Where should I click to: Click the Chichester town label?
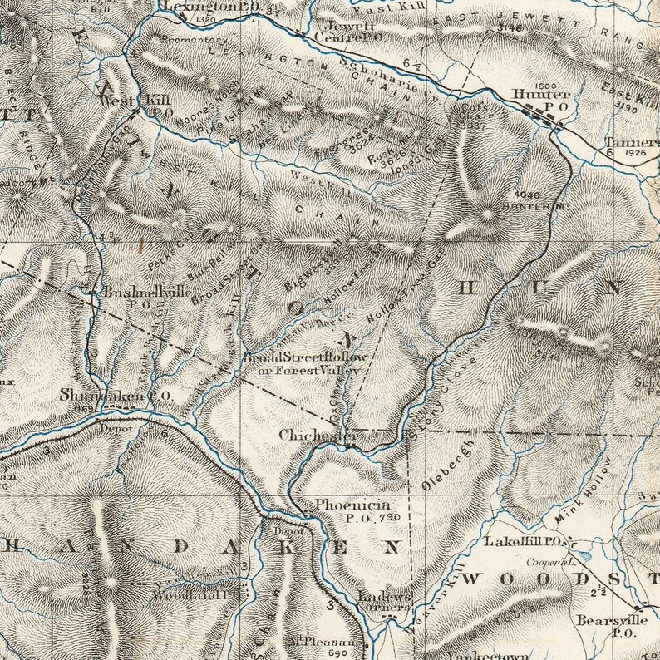(307, 435)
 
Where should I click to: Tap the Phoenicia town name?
(341, 505)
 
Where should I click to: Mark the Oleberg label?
(449, 468)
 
